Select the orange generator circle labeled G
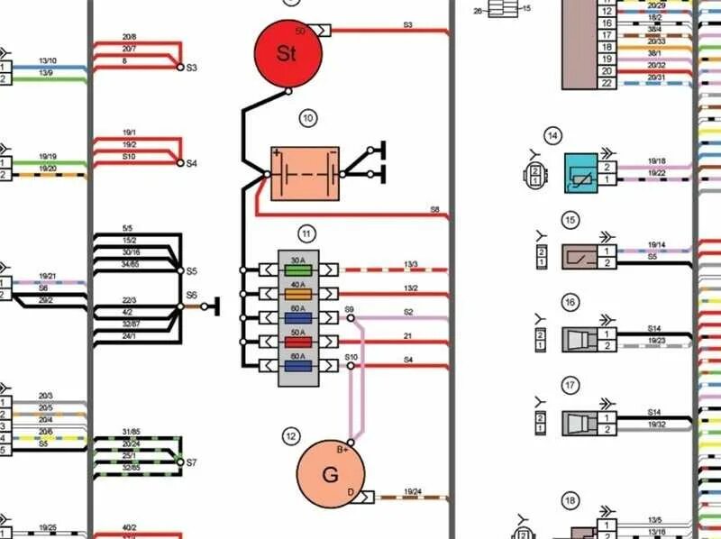click(330, 475)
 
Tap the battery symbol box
click(306, 173)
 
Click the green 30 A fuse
click(298, 269)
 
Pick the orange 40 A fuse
click(298, 293)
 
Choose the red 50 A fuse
click(298, 342)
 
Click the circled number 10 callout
click(308, 117)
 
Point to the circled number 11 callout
click(306, 234)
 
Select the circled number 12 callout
click(290, 437)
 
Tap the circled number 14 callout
click(553, 136)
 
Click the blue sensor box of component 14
click(580, 173)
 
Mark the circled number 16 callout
click(570, 302)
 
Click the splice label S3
click(192, 69)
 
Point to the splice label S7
click(191, 462)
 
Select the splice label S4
click(191, 164)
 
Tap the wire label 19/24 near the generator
click(413, 492)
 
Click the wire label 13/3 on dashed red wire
click(411, 264)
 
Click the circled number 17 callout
click(570, 385)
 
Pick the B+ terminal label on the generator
click(343, 449)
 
